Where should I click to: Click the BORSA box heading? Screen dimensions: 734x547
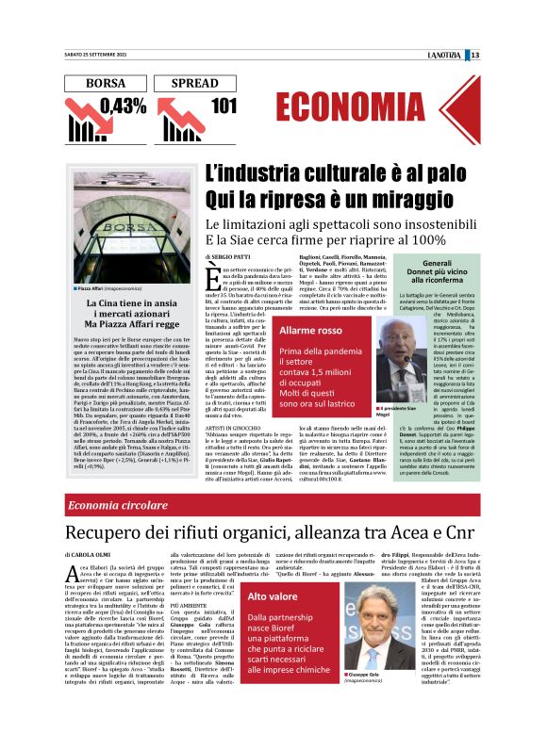(105, 84)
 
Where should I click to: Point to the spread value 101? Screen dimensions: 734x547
(223, 106)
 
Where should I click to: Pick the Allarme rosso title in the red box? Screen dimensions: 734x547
(310, 330)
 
